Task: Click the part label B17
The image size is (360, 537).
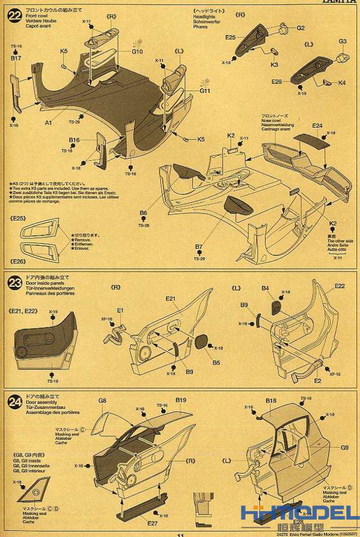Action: (x=16, y=57)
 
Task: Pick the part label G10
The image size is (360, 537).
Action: (x=138, y=52)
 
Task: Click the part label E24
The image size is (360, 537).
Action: (x=317, y=125)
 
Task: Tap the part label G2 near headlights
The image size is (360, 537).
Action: (x=300, y=28)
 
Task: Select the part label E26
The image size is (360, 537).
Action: (x=276, y=82)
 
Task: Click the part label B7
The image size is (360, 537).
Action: (x=199, y=247)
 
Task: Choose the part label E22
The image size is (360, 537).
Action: (x=339, y=286)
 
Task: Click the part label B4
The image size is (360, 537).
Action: (x=265, y=288)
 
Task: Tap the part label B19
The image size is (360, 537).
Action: (x=181, y=400)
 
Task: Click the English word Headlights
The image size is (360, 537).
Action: (x=205, y=16)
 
